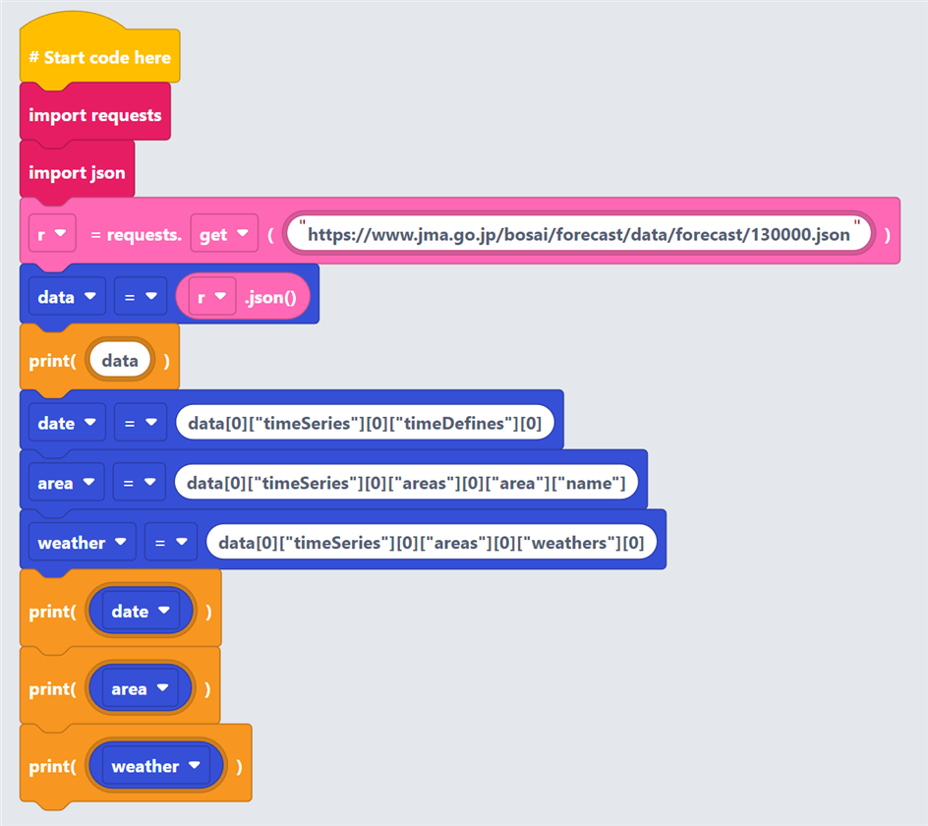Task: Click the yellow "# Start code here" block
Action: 100,57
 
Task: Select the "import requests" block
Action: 95,114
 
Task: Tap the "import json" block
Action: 77,172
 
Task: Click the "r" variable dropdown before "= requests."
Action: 52,234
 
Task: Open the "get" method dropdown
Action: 224,234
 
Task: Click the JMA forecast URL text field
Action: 578,234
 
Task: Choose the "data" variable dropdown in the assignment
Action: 67,296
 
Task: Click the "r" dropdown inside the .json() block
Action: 212,296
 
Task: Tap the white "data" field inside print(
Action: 120,360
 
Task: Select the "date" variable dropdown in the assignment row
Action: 67,422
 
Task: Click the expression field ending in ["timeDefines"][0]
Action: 365,422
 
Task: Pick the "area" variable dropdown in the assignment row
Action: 66,482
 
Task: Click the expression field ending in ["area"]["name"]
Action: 406,482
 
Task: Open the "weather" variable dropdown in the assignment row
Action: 83,542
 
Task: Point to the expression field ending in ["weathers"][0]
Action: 432,542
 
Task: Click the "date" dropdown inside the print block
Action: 141,611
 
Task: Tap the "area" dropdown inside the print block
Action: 141,688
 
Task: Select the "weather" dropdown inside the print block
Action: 156,766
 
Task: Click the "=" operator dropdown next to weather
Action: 171,542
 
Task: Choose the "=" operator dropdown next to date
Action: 141,422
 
